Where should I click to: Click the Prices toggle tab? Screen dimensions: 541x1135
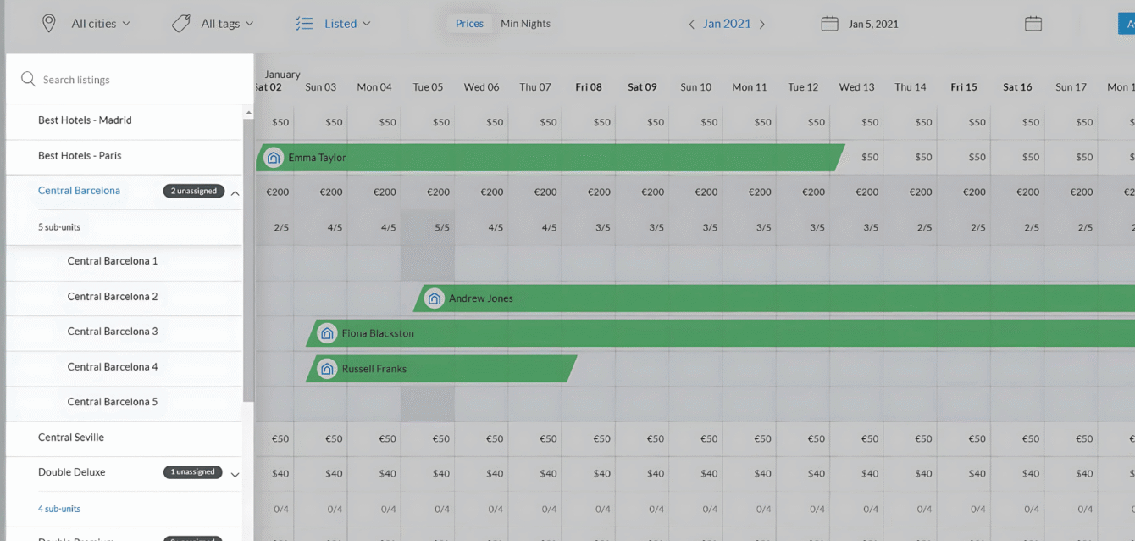pyautogui.click(x=469, y=24)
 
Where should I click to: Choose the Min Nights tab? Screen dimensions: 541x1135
pyautogui.click(x=525, y=24)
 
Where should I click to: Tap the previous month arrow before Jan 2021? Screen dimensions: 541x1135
pyautogui.click(x=692, y=25)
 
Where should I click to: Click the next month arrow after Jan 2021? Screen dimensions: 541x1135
pyautogui.click(x=761, y=25)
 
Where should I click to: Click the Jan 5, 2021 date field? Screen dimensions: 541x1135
pyautogui.click(x=872, y=24)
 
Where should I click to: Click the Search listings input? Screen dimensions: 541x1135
pyautogui.click(x=127, y=80)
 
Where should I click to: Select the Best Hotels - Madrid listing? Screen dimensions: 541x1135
pyautogui.click(x=85, y=120)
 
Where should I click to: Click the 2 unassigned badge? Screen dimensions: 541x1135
pyautogui.click(x=194, y=191)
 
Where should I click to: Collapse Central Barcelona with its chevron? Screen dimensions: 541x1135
pyautogui.click(x=235, y=193)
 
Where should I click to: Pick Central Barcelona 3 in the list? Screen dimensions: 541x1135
pyautogui.click(x=113, y=332)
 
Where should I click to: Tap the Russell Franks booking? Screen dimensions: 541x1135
pyautogui.click(x=440, y=369)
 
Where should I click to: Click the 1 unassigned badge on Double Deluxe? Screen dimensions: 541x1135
pyautogui.click(x=193, y=472)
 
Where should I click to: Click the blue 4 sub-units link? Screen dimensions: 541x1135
pyautogui.click(x=59, y=509)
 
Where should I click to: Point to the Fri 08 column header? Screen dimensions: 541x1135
pyautogui.click(x=589, y=87)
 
